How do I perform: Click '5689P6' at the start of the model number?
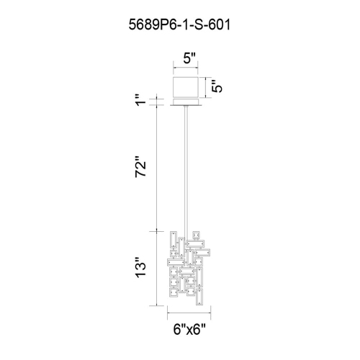point(143,23)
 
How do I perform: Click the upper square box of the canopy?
point(186,86)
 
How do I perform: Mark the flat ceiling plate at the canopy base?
point(186,106)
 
